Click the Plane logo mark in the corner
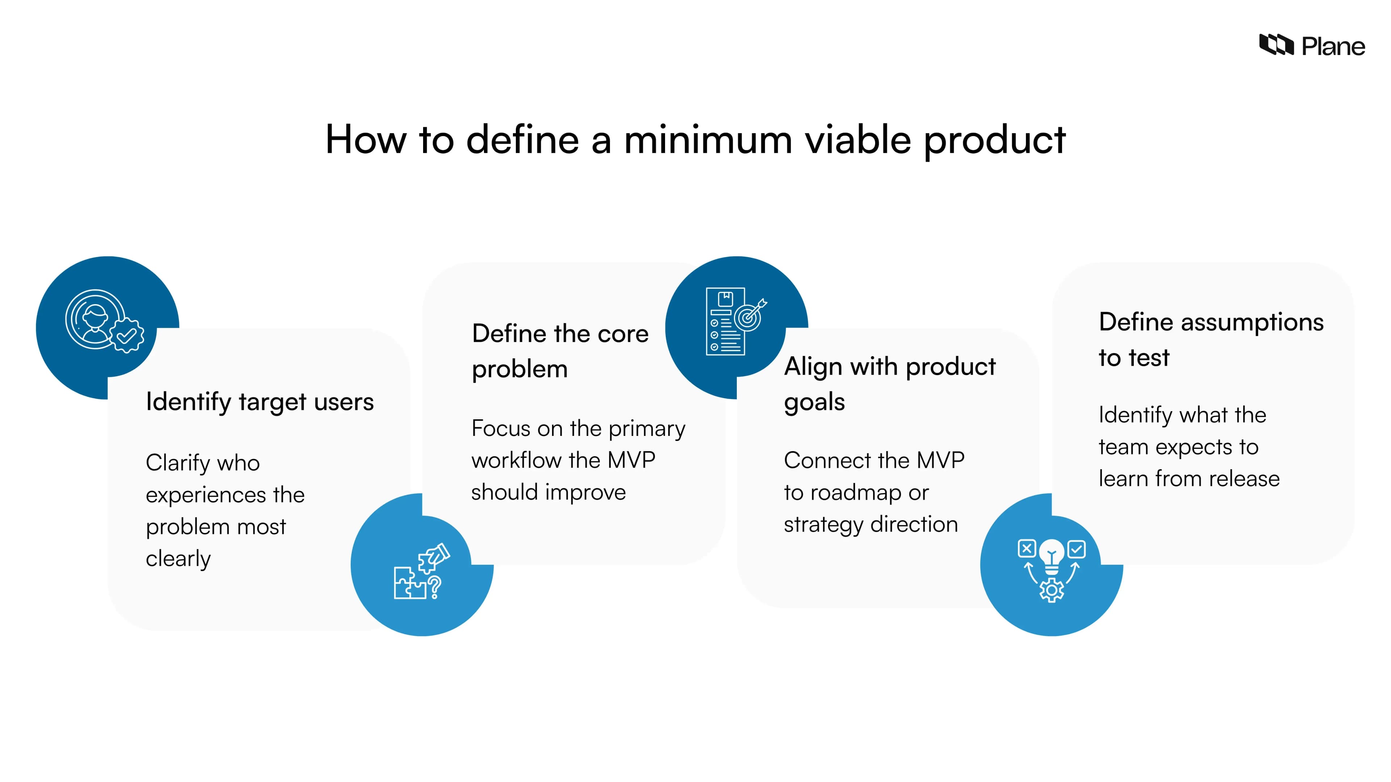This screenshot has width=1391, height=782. pos(1275,45)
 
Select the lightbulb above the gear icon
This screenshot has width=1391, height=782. pos(1051,556)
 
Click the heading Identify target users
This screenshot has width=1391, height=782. pos(259,402)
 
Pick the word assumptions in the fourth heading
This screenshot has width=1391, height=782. pos(1252,323)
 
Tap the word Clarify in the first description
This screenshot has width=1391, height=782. pos(177,463)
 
